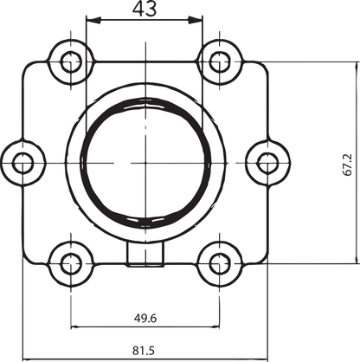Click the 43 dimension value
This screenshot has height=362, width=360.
point(145,8)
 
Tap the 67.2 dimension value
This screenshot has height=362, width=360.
point(348,165)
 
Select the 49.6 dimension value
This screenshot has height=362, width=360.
point(145,318)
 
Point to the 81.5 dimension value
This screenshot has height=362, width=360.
point(144,351)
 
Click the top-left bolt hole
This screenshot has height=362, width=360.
point(71,61)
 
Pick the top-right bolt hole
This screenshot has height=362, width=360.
point(220,61)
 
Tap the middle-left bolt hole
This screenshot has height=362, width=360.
point(22,164)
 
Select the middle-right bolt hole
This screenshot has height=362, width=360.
point(267,164)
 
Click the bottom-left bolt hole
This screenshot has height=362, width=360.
point(71,263)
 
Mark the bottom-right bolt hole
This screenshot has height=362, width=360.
point(220,263)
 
